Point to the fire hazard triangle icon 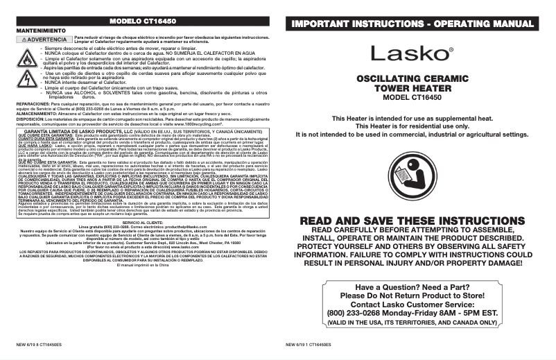point(28,58)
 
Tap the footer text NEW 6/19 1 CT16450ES point(309,344)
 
